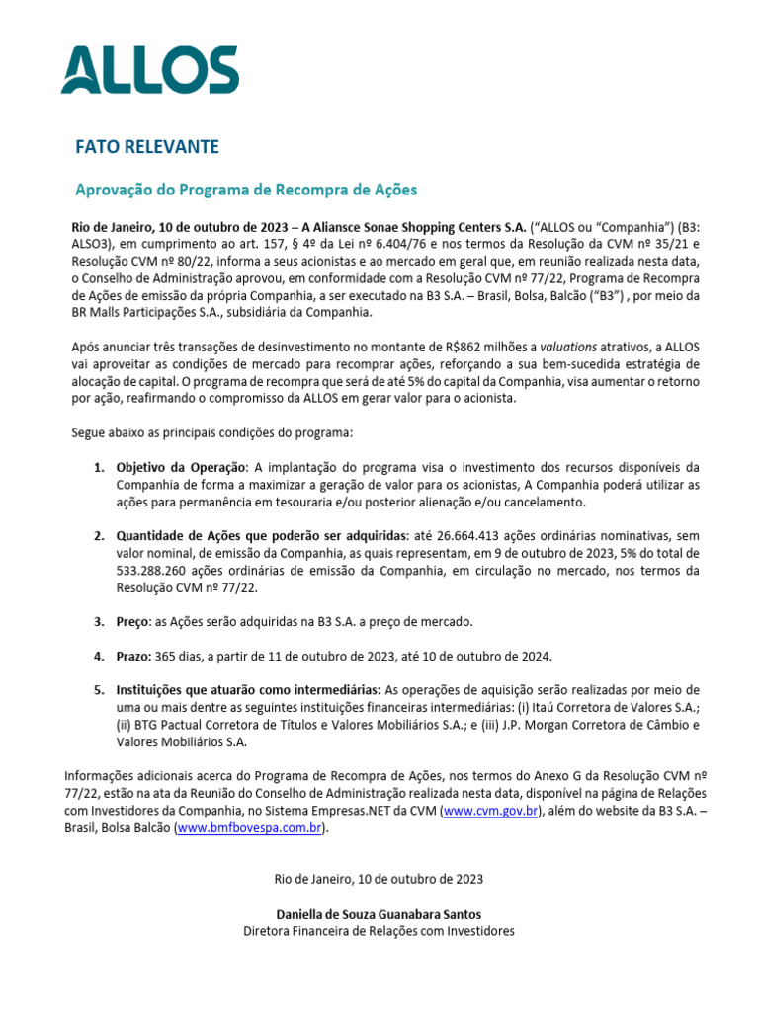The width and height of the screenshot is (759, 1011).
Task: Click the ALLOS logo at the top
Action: (149, 70)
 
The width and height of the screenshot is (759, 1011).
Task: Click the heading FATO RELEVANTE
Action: (147, 147)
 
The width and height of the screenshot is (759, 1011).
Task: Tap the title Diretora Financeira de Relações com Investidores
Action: (379, 930)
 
